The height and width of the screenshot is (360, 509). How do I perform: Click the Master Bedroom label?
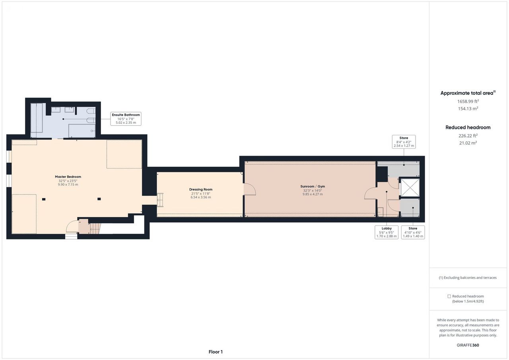(x=68, y=177)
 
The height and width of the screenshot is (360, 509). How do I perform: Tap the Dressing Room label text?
(x=201, y=189)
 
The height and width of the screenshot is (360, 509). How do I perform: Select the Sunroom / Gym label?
(x=313, y=186)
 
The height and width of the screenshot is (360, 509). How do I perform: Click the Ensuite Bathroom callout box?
(x=126, y=119)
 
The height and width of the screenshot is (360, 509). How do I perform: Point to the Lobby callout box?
(x=387, y=232)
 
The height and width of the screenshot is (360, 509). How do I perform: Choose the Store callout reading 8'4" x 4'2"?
(x=404, y=142)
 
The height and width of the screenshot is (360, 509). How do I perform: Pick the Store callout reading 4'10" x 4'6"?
(x=413, y=232)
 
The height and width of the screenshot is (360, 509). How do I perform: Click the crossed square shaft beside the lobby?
(x=410, y=188)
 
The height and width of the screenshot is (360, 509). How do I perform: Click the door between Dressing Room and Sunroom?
(x=249, y=189)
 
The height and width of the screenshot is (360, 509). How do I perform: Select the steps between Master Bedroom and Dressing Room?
(x=160, y=200)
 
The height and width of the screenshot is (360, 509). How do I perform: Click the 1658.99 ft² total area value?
(x=468, y=101)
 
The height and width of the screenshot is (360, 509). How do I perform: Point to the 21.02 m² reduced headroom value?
(x=468, y=143)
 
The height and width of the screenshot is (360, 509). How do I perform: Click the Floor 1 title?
(x=216, y=352)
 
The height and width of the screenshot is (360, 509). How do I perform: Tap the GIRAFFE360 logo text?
(x=468, y=345)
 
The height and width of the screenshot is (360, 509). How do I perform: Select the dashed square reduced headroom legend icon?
(x=449, y=296)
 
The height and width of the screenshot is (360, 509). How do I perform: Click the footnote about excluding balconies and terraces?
(x=468, y=278)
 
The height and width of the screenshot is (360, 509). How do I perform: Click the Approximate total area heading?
(x=468, y=93)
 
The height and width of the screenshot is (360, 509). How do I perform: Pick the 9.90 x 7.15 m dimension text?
(x=68, y=185)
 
